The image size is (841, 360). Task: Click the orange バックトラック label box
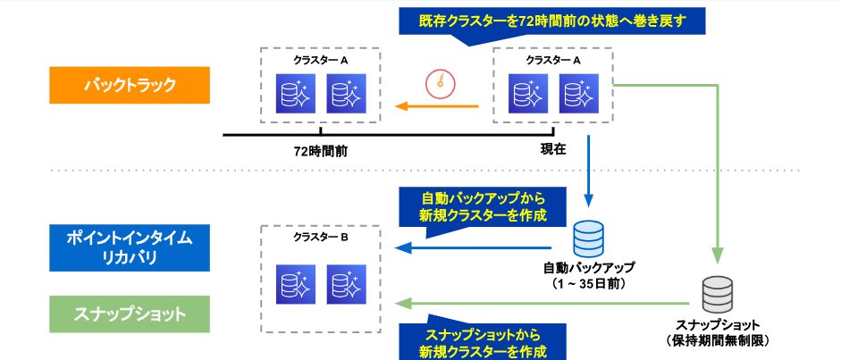[x=130, y=87]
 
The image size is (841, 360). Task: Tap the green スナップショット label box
[x=130, y=314]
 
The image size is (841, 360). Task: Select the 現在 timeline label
[x=553, y=150]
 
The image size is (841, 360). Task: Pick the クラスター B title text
[x=320, y=239]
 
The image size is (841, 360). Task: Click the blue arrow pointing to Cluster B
[x=474, y=247]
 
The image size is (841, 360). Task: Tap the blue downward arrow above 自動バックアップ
[x=588, y=170]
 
